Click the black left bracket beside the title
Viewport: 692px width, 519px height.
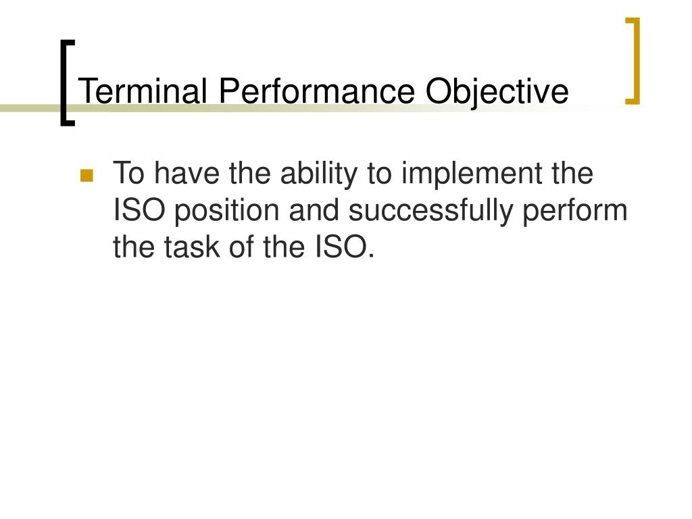point(65,82)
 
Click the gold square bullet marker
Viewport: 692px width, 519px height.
point(86,176)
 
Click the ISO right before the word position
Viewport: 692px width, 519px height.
point(139,212)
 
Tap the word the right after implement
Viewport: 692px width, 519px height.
point(572,174)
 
